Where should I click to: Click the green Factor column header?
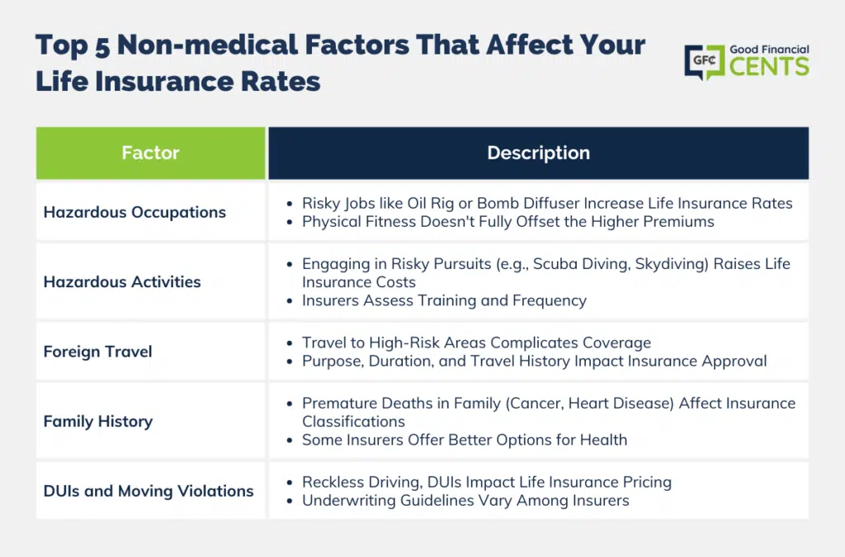[x=150, y=153]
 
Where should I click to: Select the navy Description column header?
[x=538, y=153]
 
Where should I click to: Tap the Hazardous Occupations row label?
[x=135, y=212]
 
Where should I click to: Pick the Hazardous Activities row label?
[x=122, y=281]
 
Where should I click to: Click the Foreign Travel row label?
[x=98, y=352]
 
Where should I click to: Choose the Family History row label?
[x=98, y=421]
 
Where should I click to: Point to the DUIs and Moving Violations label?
[x=149, y=491]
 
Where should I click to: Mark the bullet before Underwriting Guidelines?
[x=290, y=502]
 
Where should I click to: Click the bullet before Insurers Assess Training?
[x=290, y=301]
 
